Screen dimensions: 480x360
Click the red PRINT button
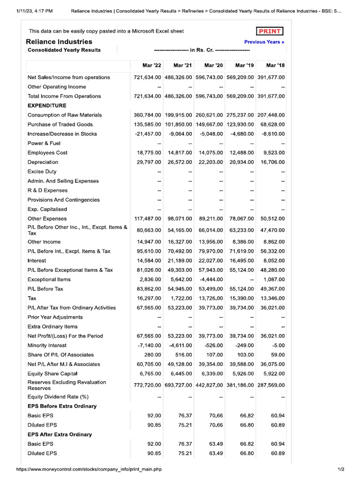coord(270,31)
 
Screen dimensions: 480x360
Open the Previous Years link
coord(264,42)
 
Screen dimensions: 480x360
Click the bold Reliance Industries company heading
coord(59,42)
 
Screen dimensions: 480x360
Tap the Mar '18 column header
coord(275,65)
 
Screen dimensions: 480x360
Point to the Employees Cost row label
coord(47,153)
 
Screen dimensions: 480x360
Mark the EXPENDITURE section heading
coord(47,105)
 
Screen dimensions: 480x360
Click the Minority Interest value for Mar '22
coord(149,345)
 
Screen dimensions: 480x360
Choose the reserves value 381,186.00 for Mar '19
coord(240,385)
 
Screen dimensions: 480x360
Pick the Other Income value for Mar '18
coord(274,242)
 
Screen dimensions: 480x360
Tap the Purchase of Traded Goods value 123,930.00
coord(240,125)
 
